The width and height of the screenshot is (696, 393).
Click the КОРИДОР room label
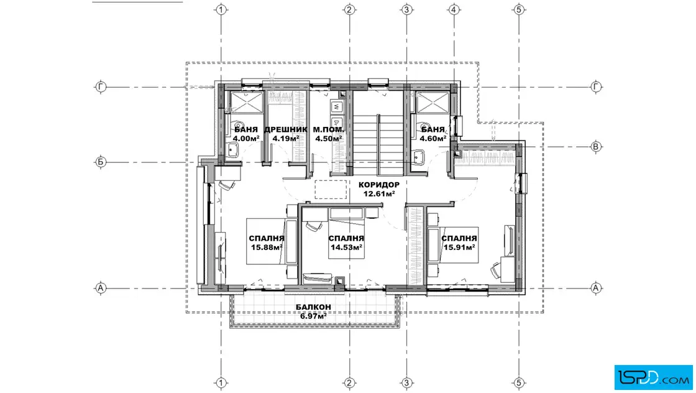coord(379,185)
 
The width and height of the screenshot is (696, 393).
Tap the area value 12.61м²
coord(379,193)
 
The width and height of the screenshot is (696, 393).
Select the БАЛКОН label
coord(313,307)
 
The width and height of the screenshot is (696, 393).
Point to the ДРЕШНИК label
coord(286,130)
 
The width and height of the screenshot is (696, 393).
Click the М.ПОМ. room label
coord(329,130)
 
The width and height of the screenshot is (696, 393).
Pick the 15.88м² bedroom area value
coord(267,247)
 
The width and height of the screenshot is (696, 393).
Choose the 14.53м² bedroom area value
coord(346,247)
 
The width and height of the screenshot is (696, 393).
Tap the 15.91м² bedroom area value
coord(459,247)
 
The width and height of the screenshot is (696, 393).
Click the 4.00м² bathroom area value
coord(246,139)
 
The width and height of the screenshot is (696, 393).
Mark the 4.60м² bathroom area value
coord(433,139)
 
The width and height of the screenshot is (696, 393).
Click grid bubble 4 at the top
coord(453,9)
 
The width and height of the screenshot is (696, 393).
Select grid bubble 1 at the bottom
coord(221,383)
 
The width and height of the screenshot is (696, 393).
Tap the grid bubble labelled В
coord(596,147)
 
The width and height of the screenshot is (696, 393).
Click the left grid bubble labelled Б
coord(101,162)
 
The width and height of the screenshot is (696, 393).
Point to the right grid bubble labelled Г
coord(596,86)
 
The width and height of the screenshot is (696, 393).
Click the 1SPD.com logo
coord(653,377)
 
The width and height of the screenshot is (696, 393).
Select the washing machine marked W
coord(337,107)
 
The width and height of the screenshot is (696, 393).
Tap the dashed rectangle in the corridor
coord(331,189)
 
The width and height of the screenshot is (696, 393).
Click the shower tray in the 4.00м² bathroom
coord(247,102)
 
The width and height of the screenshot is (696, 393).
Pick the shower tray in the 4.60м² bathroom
coord(433,102)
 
